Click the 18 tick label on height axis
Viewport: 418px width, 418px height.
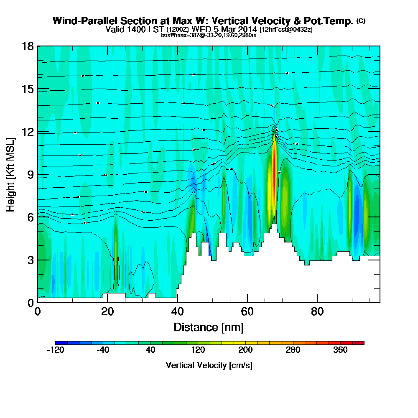(x=28, y=46)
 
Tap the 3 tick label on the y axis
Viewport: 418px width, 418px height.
(x=31, y=260)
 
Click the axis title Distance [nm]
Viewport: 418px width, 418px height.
(x=209, y=327)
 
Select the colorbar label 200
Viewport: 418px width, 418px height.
(x=245, y=350)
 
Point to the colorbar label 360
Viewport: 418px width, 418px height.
(x=341, y=350)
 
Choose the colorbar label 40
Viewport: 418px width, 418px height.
(x=150, y=350)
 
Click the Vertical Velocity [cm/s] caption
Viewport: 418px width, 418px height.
(x=209, y=365)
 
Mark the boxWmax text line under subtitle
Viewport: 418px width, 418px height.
(x=209, y=35)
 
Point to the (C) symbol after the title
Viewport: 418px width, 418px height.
(x=361, y=21)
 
